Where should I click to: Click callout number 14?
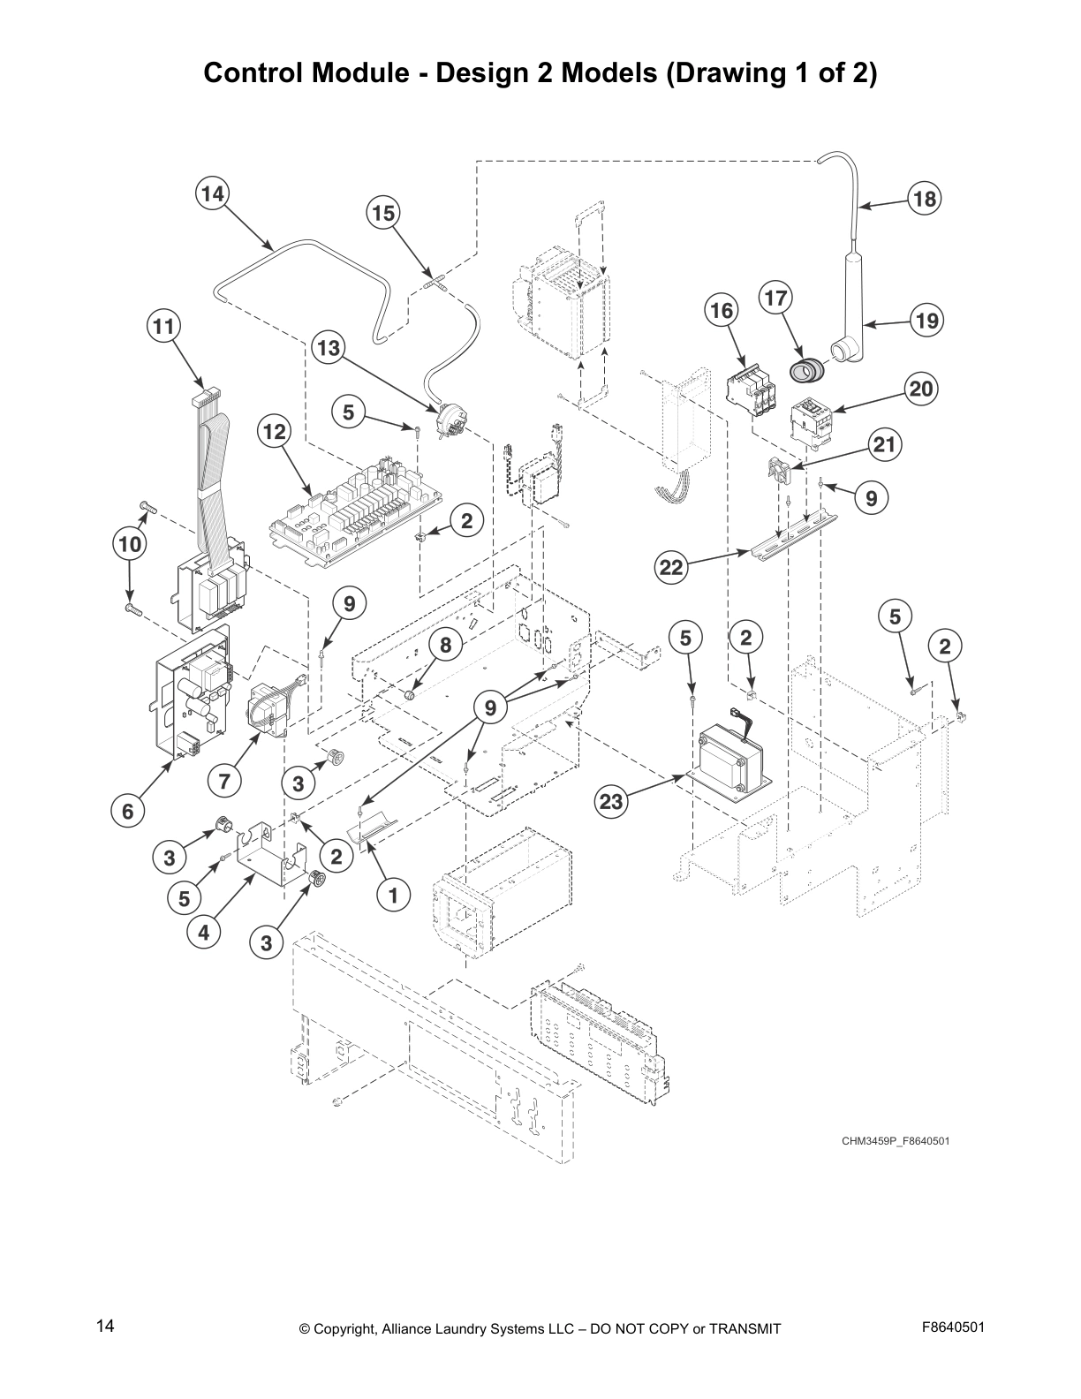(212, 193)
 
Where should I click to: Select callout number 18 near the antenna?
(924, 199)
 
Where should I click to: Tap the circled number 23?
(611, 802)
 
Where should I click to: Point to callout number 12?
(275, 432)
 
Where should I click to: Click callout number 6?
(128, 811)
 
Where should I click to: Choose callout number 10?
(130, 544)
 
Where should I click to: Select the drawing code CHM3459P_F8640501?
(895, 1141)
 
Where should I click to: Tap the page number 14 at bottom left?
(105, 1326)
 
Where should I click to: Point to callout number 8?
(445, 646)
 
